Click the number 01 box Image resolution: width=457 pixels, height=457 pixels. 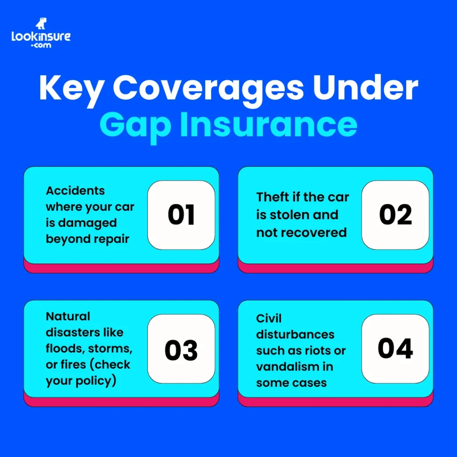(x=181, y=215)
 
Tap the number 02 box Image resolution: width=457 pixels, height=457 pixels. (x=395, y=215)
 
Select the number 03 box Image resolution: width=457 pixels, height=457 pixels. (x=181, y=349)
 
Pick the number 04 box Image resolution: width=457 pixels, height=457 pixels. (x=395, y=349)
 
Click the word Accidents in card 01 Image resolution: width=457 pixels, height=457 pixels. (x=75, y=191)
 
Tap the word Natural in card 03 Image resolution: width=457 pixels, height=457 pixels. (x=68, y=316)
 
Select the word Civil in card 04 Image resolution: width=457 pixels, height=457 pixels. (x=269, y=319)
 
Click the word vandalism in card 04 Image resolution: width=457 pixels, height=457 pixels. (x=285, y=367)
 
